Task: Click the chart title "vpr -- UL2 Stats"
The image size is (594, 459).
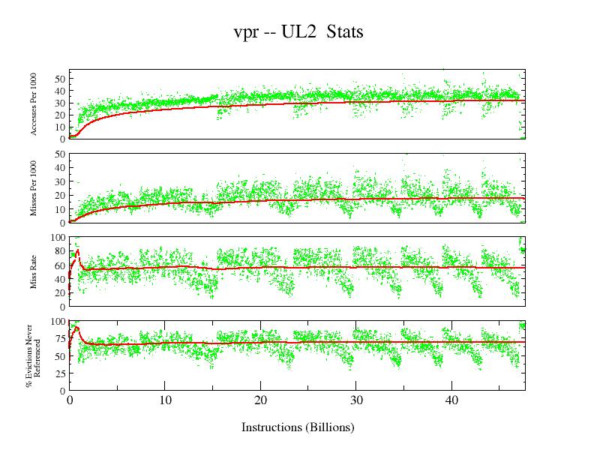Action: click(x=298, y=34)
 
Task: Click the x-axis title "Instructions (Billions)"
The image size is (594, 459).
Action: click(x=298, y=427)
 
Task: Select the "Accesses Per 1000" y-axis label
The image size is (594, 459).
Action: click(x=34, y=104)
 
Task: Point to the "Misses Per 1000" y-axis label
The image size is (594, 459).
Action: click(x=34, y=187)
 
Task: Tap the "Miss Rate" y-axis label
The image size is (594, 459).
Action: click(x=34, y=271)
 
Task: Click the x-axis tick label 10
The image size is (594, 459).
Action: click(x=165, y=400)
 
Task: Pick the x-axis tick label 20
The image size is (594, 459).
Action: click(x=261, y=400)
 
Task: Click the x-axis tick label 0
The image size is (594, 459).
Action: click(x=70, y=400)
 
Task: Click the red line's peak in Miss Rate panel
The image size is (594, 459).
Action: click(x=77, y=250)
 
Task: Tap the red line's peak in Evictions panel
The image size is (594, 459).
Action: click(x=76, y=328)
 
